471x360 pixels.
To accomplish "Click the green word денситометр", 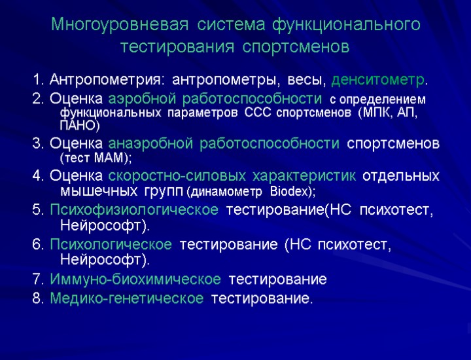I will point(377,81).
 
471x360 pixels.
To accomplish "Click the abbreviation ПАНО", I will point(78,125).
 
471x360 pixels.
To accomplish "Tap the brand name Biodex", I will point(290,192).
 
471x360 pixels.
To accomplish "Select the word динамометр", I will point(226,192).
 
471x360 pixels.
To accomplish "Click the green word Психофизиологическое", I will point(134,210).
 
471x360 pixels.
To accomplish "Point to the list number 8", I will point(37,299).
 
